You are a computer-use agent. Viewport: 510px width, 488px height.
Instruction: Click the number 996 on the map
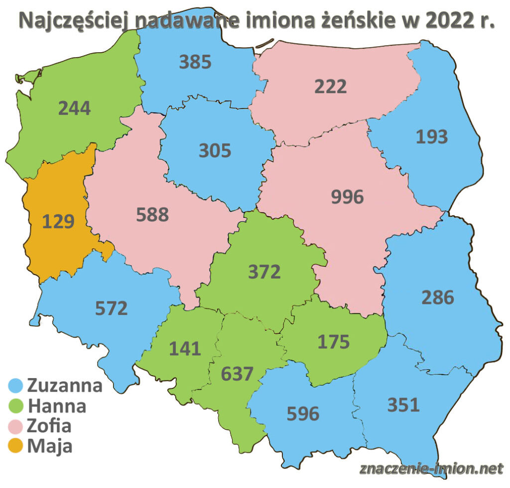[x=347, y=197]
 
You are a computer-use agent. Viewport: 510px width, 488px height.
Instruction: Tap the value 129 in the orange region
[x=58, y=221]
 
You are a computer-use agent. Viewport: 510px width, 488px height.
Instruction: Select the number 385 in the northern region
[x=195, y=62]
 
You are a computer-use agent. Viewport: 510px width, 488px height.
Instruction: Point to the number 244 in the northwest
[x=75, y=108]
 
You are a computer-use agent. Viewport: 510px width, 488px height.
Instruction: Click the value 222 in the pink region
[x=330, y=87]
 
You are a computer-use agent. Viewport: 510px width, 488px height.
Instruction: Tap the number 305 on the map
[x=215, y=150]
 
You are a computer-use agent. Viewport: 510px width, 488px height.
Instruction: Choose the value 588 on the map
[x=152, y=215]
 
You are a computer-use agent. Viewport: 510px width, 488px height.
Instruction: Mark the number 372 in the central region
[x=264, y=272]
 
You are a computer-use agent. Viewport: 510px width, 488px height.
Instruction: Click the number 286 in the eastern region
[x=438, y=297]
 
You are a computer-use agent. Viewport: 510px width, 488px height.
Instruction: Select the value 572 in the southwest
[x=112, y=308]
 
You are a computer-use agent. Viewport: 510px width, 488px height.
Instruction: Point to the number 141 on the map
[x=185, y=348]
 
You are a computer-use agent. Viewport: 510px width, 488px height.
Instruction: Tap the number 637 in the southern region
[x=238, y=373]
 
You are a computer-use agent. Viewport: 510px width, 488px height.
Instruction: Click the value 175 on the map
[x=334, y=342]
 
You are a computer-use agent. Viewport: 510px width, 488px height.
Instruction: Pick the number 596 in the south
[x=303, y=413]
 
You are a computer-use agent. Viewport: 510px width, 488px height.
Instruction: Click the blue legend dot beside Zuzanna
[x=17, y=386]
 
